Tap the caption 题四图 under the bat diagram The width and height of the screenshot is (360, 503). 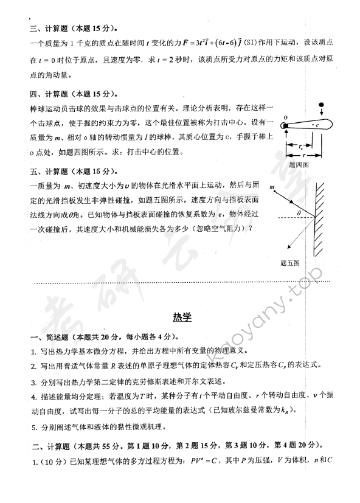click(299, 165)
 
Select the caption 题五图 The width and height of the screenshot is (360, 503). click(290, 263)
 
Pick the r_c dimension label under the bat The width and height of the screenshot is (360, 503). click(303, 146)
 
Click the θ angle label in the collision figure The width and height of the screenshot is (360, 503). click(299, 212)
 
